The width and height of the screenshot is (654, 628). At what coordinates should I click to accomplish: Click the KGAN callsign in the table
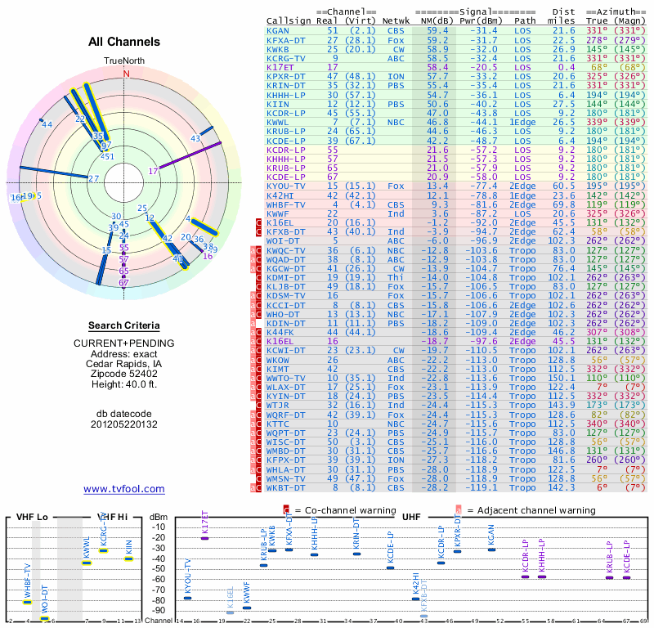(x=278, y=30)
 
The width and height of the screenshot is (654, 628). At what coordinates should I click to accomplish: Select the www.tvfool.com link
(x=124, y=489)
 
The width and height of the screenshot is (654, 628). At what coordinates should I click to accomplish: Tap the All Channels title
(x=124, y=42)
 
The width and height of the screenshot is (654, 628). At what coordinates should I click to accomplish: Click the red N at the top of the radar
(x=126, y=74)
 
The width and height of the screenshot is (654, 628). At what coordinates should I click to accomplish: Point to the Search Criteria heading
(x=124, y=325)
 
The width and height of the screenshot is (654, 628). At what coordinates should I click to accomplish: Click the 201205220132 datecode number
(x=124, y=424)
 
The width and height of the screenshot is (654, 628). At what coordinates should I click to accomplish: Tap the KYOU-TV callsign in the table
(x=286, y=186)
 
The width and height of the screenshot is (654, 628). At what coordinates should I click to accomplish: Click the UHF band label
(x=411, y=518)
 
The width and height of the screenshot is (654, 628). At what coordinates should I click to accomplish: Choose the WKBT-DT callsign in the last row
(x=286, y=487)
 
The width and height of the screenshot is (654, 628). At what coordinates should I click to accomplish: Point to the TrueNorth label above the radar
(x=124, y=62)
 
